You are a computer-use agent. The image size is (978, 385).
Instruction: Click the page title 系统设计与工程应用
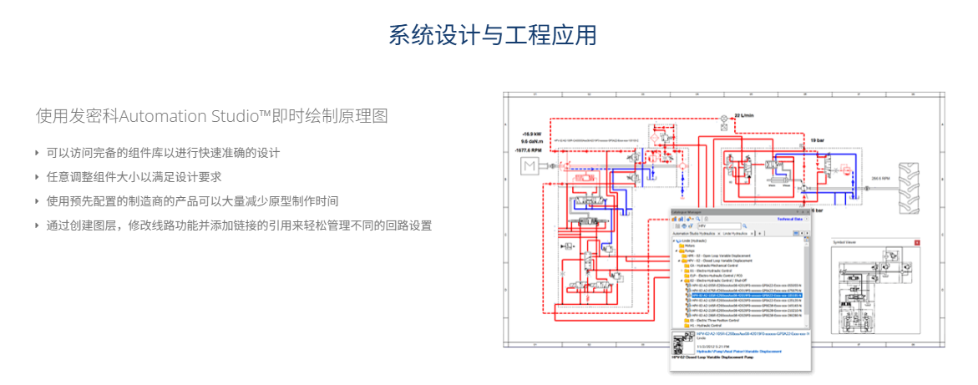pos(492,36)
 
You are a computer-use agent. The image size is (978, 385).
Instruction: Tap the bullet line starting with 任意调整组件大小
pos(133,177)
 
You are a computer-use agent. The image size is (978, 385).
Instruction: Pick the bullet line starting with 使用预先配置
pos(191,201)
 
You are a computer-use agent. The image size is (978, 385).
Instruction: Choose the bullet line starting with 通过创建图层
pos(238,225)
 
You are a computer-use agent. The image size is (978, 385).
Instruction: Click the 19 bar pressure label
pos(819,140)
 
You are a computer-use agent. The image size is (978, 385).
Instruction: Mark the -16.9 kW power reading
pos(532,134)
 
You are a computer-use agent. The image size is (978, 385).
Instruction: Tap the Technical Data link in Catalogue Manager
pos(793,219)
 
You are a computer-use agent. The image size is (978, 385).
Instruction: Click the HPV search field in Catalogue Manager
pos(718,226)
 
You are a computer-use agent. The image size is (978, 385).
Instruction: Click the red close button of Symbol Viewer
pos(918,242)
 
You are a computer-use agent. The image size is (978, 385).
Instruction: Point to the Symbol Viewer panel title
pos(846,242)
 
